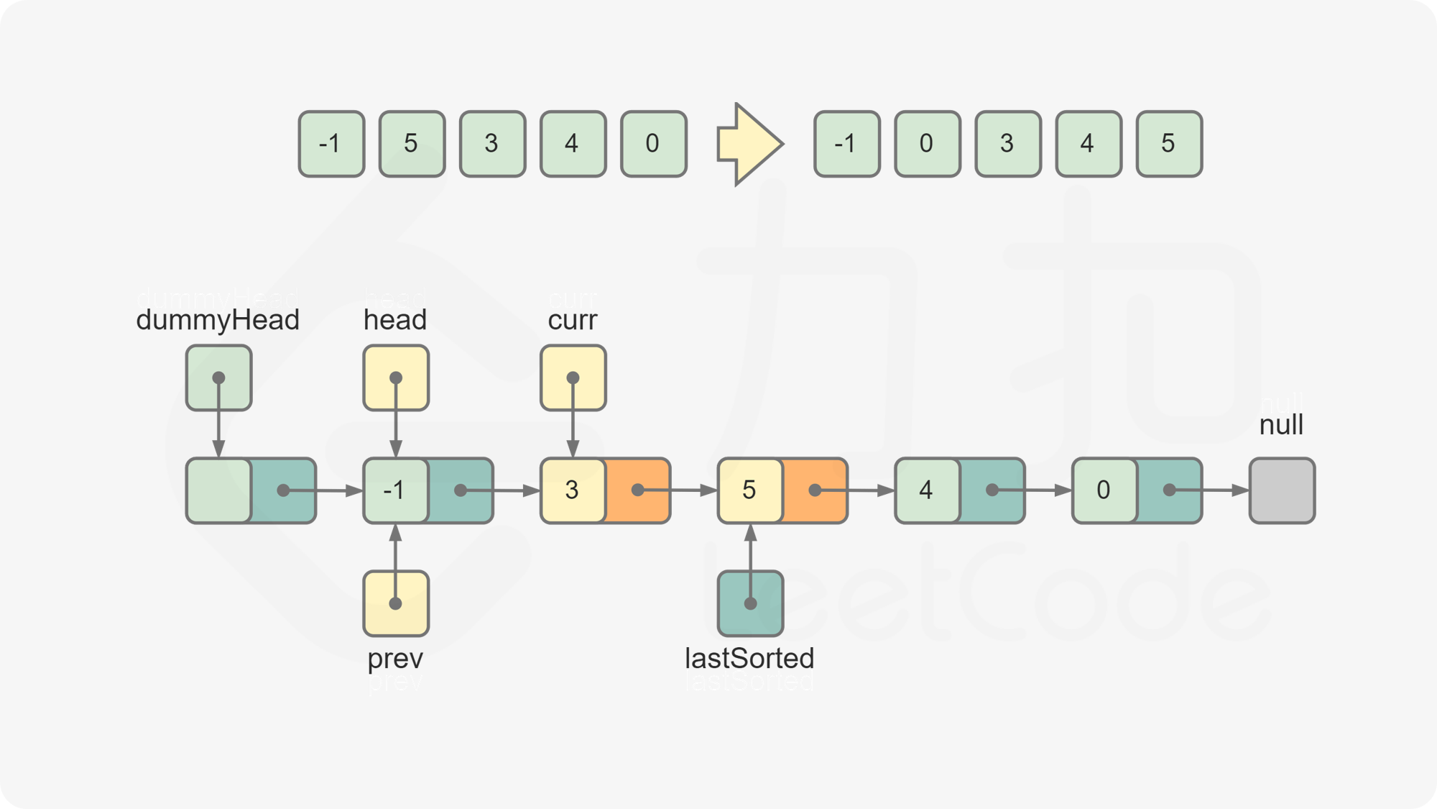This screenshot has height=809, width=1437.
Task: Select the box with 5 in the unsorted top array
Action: (x=412, y=144)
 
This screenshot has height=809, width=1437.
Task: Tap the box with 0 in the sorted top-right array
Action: (x=927, y=144)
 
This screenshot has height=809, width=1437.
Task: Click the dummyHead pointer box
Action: (x=218, y=378)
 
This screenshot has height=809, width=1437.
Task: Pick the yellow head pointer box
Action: (x=395, y=378)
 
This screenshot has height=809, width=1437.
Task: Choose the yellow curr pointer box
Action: (x=573, y=378)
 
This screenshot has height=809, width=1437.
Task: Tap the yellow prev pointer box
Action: (x=395, y=603)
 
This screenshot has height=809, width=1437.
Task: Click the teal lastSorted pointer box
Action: (x=750, y=603)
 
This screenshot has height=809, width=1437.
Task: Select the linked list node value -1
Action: (x=395, y=490)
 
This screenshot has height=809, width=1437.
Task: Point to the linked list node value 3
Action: (x=573, y=490)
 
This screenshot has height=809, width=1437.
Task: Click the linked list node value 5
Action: (x=749, y=490)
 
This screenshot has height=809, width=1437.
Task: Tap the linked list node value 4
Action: (x=927, y=490)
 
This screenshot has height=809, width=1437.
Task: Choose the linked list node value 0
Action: (x=1104, y=490)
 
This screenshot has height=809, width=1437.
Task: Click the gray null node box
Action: (x=1282, y=490)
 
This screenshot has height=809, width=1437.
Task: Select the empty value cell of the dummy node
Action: (x=218, y=490)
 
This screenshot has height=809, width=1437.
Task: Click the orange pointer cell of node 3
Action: (x=638, y=490)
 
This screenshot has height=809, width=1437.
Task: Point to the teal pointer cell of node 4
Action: (x=992, y=490)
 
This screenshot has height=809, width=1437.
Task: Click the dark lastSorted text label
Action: (x=749, y=658)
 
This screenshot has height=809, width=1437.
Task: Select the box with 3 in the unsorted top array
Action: (x=492, y=144)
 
